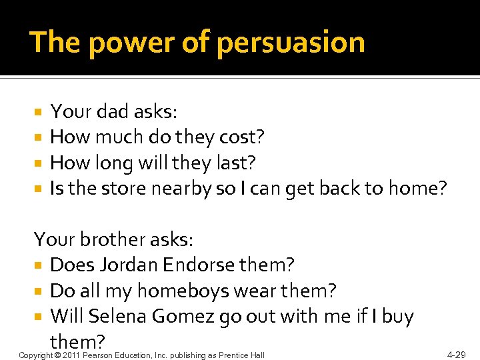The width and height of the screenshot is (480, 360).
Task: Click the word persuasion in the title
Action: pos(291,43)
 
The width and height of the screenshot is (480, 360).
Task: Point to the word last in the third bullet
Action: pos(238,163)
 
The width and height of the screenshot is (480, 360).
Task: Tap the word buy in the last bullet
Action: pos(397,316)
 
